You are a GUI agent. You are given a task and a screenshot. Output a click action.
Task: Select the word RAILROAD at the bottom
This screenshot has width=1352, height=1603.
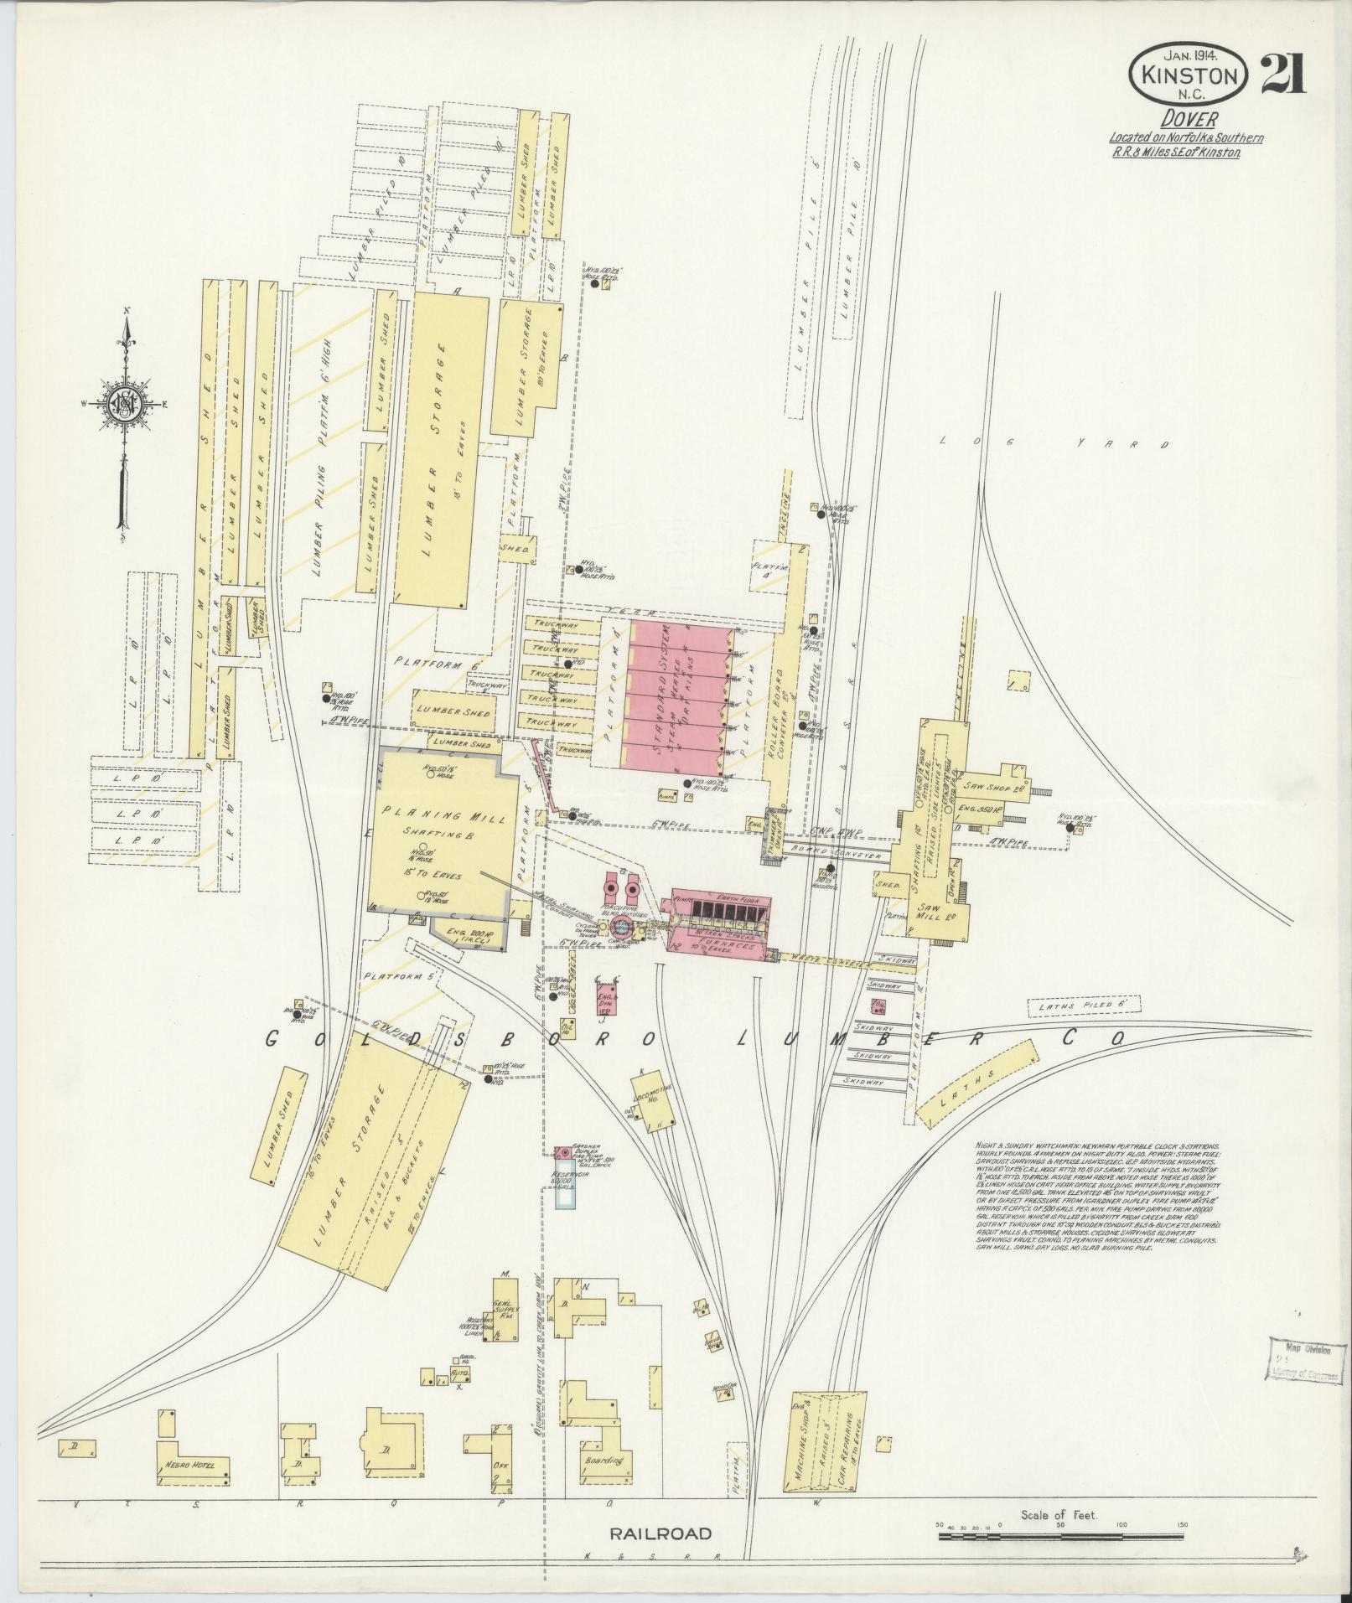click(660, 1534)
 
